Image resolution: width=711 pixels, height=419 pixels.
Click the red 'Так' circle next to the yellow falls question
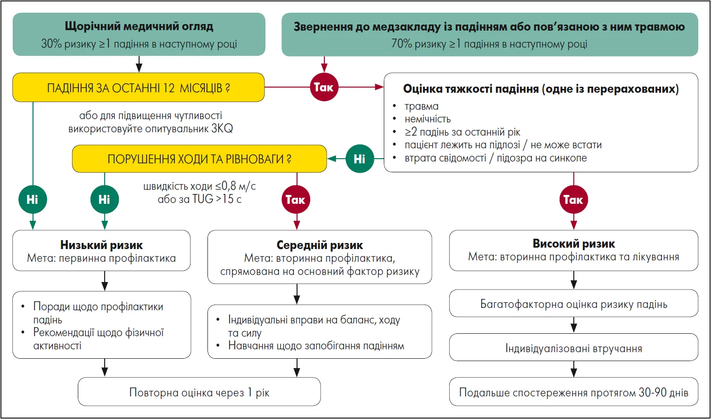tap(323, 87)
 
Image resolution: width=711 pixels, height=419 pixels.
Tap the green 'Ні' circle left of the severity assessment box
tap(359, 159)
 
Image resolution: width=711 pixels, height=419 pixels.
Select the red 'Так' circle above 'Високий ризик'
tap(573, 200)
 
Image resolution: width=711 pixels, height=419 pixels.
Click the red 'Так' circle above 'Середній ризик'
tap(296, 200)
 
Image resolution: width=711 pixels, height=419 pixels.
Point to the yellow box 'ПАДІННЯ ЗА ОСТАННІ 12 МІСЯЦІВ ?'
tap(138, 88)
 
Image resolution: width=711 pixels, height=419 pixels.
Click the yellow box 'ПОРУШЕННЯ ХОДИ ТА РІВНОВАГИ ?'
tap(199, 159)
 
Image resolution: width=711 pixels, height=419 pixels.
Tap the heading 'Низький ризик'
tap(101, 245)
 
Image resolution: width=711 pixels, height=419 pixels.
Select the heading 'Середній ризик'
tap(320, 245)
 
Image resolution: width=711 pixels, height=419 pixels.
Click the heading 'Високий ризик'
tap(573, 244)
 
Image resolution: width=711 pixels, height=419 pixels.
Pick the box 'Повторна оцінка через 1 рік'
tap(199, 392)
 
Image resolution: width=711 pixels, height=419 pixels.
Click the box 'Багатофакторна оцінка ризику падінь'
tap(573, 304)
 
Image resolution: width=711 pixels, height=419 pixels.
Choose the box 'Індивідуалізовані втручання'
tap(573, 348)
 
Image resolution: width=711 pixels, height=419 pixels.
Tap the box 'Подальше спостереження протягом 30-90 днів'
tap(573, 392)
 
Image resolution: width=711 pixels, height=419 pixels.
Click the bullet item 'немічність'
tap(427, 119)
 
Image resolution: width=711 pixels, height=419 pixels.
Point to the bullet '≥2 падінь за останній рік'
tap(462, 132)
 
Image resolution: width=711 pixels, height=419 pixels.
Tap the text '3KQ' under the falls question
tap(222, 129)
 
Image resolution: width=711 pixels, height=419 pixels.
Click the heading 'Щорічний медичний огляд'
tap(139, 26)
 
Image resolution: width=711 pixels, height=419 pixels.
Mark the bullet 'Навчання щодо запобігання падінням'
tap(316, 346)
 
